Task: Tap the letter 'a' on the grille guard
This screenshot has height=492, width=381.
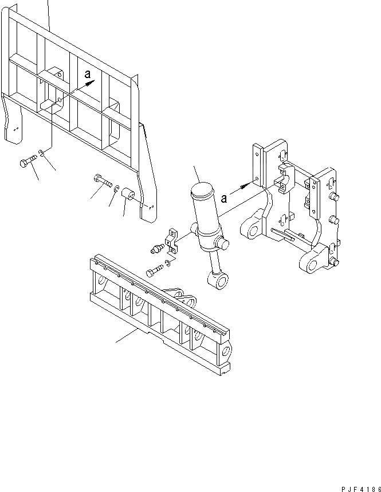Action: pyautogui.click(x=87, y=73)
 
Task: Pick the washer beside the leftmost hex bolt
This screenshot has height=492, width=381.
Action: pyautogui.click(x=42, y=153)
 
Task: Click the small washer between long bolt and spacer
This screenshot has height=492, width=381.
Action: pyautogui.click(x=116, y=189)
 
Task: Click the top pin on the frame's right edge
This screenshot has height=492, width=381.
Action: pyautogui.click(x=334, y=197)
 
